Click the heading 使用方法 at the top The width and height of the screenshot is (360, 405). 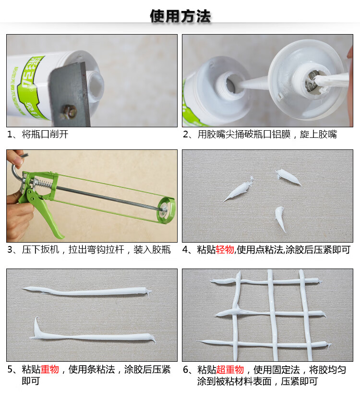pos(180,16)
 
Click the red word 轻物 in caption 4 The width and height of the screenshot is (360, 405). pos(225,249)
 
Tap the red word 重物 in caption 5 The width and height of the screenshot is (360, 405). pos(49,369)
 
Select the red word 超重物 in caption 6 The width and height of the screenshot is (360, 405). pos(230,369)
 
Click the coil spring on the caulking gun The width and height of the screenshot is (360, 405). pos(43,184)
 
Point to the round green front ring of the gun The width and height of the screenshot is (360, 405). pos(167,210)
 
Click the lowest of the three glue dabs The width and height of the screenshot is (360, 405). pos(280,218)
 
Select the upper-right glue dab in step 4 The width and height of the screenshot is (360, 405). pos(288,176)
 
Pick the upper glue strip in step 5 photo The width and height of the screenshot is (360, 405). pos(86,291)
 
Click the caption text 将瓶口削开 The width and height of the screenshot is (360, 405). pos(45,135)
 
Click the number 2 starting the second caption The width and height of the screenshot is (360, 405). pos(185,135)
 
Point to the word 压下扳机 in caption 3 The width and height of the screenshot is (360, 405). pos(40,249)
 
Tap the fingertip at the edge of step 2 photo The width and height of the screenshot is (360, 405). pos(350,54)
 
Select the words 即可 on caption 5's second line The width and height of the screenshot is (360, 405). pos(31,381)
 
